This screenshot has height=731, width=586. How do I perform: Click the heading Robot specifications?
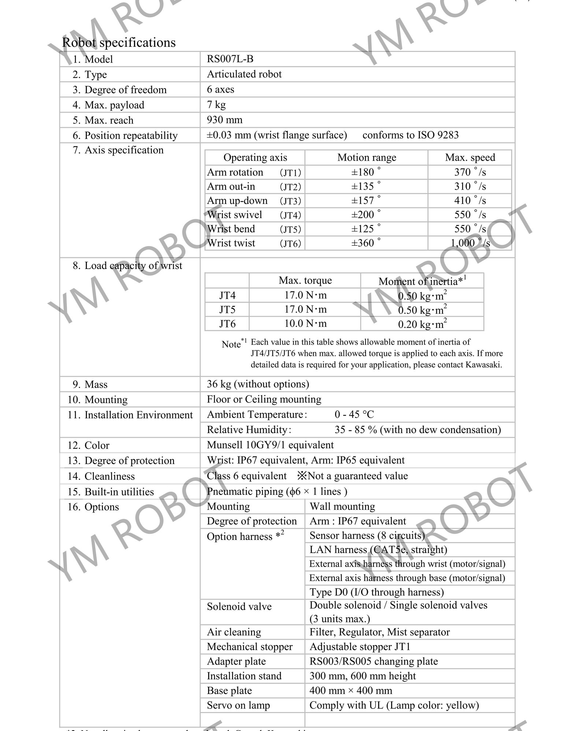119,42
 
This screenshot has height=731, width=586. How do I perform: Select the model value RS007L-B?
230,59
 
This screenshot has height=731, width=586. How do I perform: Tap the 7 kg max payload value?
216,105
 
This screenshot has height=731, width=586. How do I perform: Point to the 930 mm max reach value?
225,120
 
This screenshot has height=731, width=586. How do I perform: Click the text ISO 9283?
438,135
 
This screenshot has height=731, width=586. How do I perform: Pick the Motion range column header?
367,157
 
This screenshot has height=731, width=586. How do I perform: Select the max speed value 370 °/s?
470,172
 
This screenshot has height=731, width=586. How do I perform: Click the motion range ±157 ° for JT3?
366,201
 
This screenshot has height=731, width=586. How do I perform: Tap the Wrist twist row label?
231,243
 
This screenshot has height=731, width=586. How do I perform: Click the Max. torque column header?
305,280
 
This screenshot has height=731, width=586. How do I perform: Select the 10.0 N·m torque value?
305,324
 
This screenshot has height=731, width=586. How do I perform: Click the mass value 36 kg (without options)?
258,384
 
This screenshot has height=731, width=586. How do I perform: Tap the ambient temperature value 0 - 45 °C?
354,414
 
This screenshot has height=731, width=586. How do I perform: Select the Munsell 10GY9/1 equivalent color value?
270,445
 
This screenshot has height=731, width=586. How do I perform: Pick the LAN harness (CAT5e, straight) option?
378,550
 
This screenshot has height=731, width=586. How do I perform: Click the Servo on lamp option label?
238,705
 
